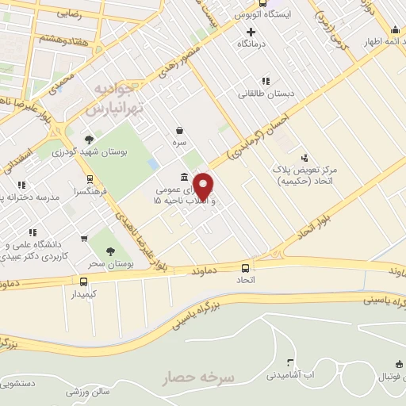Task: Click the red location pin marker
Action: pyautogui.click(x=204, y=186)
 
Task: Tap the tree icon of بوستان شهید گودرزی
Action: pyautogui.click(x=98, y=140)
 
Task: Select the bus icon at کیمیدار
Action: pyautogui.click(x=84, y=282)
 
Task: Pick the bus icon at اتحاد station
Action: pyautogui.click(x=245, y=268)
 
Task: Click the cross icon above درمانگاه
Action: pyautogui.click(x=251, y=32)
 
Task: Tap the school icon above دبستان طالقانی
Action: pyautogui.click(x=265, y=81)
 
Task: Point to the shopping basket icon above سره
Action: pyautogui.click(x=180, y=130)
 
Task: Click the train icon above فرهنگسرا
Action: pyautogui.click(x=90, y=179)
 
